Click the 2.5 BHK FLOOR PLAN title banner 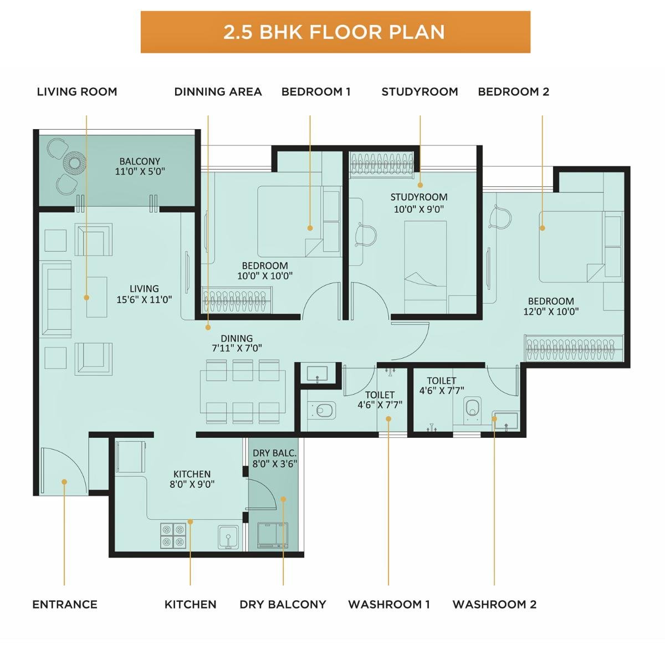(335, 32)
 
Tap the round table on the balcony (74, 162)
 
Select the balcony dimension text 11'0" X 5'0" (140, 172)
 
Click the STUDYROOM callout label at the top (420, 91)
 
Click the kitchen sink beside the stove (227, 536)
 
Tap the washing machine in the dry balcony (273, 535)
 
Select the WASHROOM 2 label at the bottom (494, 604)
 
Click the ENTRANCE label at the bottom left (65, 604)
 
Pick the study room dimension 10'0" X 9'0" (419, 209)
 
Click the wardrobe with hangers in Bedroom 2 (574, 347)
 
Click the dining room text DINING (237, 339)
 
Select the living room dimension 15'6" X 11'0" (144, 300)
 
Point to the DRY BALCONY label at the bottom (283, 604)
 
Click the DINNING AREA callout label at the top (218, 91)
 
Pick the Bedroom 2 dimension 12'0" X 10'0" (551, 311)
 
